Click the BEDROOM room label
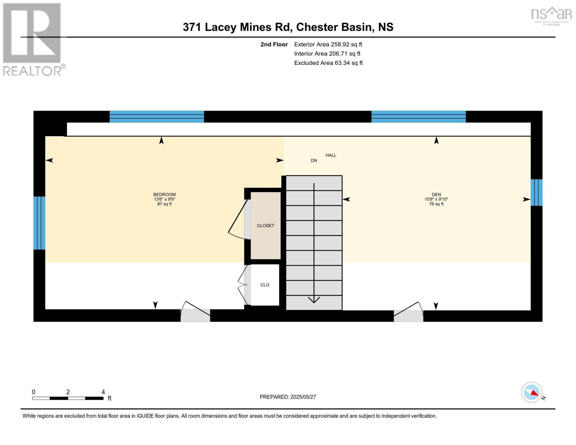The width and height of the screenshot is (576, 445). tap(164, 195)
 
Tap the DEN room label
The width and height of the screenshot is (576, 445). tap(436, 195)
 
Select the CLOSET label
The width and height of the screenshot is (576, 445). tap(266, 225)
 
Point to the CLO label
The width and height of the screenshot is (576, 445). tap(265, 285)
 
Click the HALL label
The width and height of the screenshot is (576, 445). tap(331, 155)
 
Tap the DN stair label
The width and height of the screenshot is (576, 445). tap(314, 161)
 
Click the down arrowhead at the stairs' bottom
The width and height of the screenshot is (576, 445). tap(314, 299)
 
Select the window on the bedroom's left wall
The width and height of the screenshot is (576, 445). tap(39, 223)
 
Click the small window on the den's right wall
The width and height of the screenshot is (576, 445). tap(536, 192)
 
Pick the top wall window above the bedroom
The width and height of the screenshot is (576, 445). tap(157, 116)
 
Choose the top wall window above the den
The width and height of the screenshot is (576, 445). tap(418, 116)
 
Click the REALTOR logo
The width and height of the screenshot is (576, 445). tap(33, 39)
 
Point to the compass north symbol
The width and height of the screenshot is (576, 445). tap(532, 392)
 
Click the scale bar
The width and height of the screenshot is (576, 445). tap(68, 398)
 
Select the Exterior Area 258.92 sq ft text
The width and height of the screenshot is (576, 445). tap(328, 44)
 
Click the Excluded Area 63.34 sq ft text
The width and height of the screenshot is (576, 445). tap(328, 63)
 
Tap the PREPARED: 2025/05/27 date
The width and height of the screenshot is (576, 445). tap(288, 397)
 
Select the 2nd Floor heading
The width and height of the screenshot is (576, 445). tap(274, 44)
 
